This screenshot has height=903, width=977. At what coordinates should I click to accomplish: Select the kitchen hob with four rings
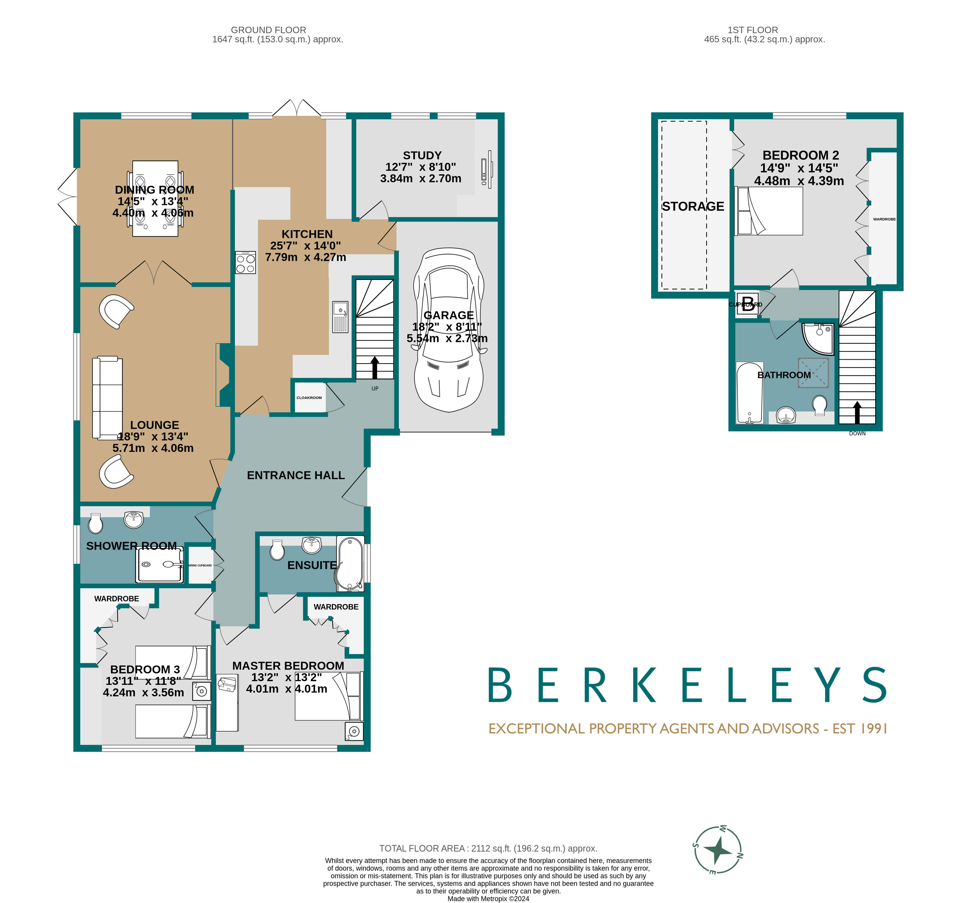point(245,262)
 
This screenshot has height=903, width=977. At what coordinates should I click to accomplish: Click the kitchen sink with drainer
point(341,317)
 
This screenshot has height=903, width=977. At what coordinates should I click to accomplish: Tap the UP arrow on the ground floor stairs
point(375,367)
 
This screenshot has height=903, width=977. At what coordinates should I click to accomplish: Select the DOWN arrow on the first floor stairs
point(857,412)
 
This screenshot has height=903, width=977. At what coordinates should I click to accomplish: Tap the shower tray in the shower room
point(160,564)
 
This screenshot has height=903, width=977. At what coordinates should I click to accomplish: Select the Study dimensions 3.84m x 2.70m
point(420,179)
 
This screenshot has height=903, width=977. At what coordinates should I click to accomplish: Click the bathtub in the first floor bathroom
point(749,393)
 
